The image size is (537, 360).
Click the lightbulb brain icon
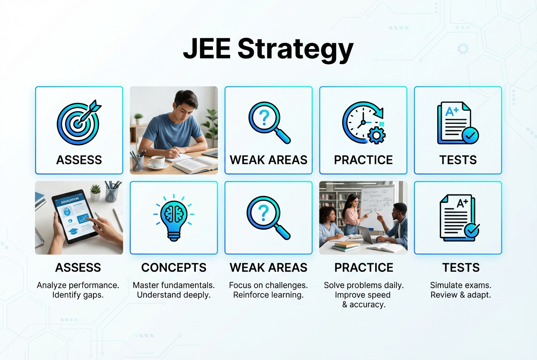(174, 217)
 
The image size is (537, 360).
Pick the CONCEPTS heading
(174, 267)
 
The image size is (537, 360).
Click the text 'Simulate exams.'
(461, 285)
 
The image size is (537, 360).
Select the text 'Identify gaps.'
(79, 295)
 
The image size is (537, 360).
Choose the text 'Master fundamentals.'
(174, 285)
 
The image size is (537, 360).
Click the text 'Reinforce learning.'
(268, 295)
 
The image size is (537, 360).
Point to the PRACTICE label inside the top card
(363, 160)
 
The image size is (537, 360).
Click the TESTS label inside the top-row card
(458, 160)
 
